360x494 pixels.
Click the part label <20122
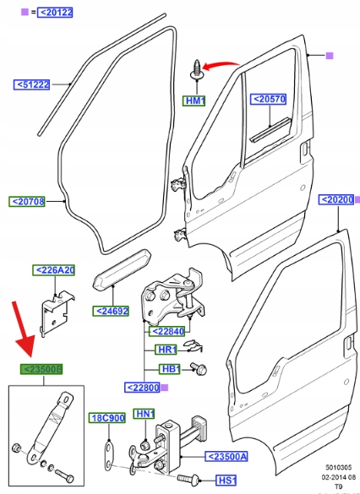click(55, 13)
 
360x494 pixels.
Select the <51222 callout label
click(31, 84)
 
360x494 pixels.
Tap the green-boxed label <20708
click(27, 201)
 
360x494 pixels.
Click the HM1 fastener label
click(194, 100)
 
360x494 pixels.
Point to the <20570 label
click(269, 99)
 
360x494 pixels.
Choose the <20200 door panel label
click(336, 200)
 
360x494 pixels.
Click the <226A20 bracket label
click(53, 270)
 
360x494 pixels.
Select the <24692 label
click(111, 311)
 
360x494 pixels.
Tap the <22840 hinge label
click(166, 331)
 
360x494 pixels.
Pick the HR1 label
click(166, 350)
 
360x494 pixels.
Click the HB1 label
click(169, 369)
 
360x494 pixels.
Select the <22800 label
click(143, 388)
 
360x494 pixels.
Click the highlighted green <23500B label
click(41, 369)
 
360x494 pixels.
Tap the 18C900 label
click(107, 418)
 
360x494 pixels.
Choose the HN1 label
click(144, 414)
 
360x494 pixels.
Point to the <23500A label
click(226, 456)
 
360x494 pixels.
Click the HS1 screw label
click(226, 480)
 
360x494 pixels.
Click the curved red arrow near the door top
click(221, 63)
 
